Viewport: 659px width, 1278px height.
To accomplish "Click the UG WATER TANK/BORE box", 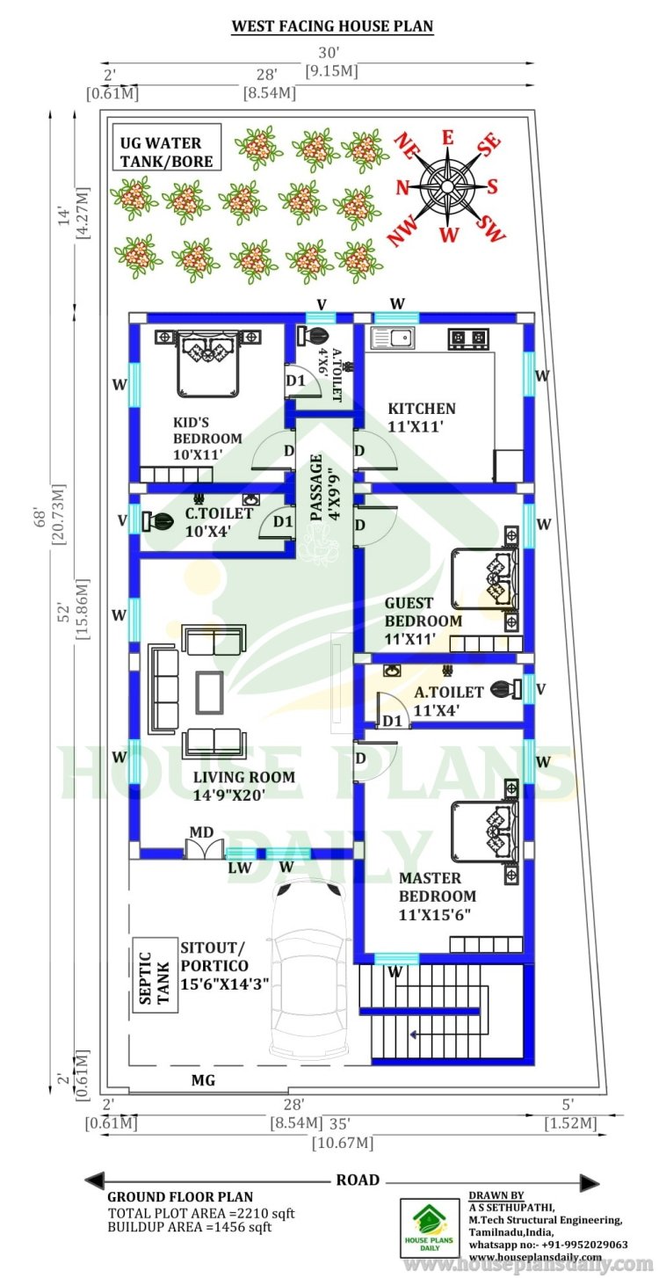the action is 167,147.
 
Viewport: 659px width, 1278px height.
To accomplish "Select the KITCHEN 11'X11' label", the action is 422,417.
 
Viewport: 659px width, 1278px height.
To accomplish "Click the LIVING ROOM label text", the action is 244,776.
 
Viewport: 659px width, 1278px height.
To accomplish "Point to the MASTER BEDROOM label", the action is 437,896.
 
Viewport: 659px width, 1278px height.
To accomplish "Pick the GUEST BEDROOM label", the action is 423,621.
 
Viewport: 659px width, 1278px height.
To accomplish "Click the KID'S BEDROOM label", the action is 207,439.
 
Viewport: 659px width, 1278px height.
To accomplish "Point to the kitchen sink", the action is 393,338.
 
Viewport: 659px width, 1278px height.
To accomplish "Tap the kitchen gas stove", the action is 468,338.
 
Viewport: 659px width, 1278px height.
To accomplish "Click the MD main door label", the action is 201,831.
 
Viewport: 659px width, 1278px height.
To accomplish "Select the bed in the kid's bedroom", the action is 207,363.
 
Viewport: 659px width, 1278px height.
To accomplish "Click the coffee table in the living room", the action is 209,693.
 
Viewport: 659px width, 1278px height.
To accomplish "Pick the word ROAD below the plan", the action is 358,1180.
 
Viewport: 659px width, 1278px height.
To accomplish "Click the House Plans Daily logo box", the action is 430,1236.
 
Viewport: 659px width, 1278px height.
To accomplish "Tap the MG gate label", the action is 203,1080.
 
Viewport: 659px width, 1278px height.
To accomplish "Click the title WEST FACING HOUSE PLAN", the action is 332,26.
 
